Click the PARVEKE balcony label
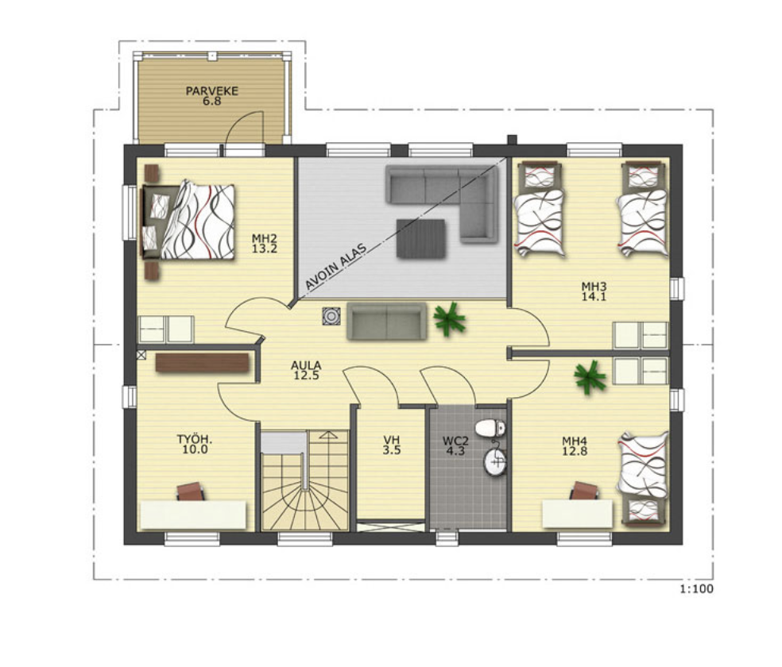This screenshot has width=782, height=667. pyautogui.click(x=212, y=91)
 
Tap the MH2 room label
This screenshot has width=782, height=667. pyautogui.click(x=265, y=238)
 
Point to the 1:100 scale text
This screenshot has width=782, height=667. pyautogui.click(x=697, y=589)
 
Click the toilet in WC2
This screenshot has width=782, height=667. pyautogui.click(x=490, y=428)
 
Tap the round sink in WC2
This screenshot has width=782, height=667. pyautogui.click(x=495, y=461)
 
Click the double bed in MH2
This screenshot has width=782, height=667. pyautogui.click(x=188, y=222)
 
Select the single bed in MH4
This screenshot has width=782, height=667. pyautogui.click(x=644, y=478)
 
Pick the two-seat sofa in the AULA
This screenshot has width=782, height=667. pyautogui.click(x=387, y=322)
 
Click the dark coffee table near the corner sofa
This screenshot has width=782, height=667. pyautogui.click(x=421, y=238)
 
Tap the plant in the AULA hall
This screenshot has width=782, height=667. pyautogui.click(x=449, y=318)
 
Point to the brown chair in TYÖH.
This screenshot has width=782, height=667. pyautogui.click(x=191, y=492)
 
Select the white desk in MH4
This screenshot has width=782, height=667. pyautogui.click(x=578, y=514)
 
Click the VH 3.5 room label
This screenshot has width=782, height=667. pyautogui.click(x=392, y=445)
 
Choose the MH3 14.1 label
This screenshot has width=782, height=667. pyautogui.click(x=594, y=291)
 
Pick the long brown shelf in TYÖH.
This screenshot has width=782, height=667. pyautogui.click(x=202, y=363)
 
